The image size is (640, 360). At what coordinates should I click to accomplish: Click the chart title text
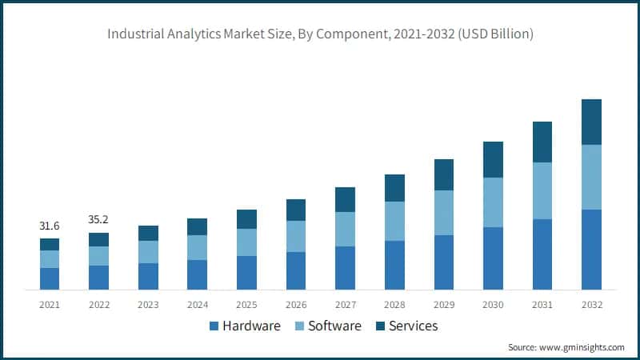pos(320,34)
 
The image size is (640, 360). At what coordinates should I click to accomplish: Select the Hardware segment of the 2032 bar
pos(591,249)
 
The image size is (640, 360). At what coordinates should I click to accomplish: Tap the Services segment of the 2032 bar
pos(591,122)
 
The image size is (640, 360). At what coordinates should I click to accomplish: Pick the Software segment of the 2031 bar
pos(542,190)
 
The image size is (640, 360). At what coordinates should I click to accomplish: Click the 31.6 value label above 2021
pos(50,226)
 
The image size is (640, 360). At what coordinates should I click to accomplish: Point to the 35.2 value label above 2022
pos(98,221)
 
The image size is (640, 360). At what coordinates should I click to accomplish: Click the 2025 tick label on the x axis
pos(246,305)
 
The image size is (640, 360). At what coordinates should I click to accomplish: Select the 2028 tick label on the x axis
pos(394,305)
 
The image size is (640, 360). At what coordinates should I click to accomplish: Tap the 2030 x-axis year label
pos(493,305)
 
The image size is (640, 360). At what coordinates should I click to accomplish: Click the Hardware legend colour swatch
pos(214,326)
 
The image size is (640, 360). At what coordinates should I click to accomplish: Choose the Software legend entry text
pos(334,326)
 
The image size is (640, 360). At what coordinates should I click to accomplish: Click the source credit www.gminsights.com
pos(566,347)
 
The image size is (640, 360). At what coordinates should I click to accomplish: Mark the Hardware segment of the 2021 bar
pos(50,278)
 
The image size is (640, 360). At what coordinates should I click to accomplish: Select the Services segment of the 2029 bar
pos(444,174)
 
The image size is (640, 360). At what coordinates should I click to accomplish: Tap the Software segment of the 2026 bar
pos(296,236)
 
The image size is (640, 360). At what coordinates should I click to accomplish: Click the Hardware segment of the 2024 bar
pos(198,274)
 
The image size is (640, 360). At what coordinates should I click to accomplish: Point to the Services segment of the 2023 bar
pos(148,233)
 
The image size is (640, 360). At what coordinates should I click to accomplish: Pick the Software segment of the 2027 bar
pos(345,229)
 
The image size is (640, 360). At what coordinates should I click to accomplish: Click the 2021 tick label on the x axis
pos(50,305)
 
